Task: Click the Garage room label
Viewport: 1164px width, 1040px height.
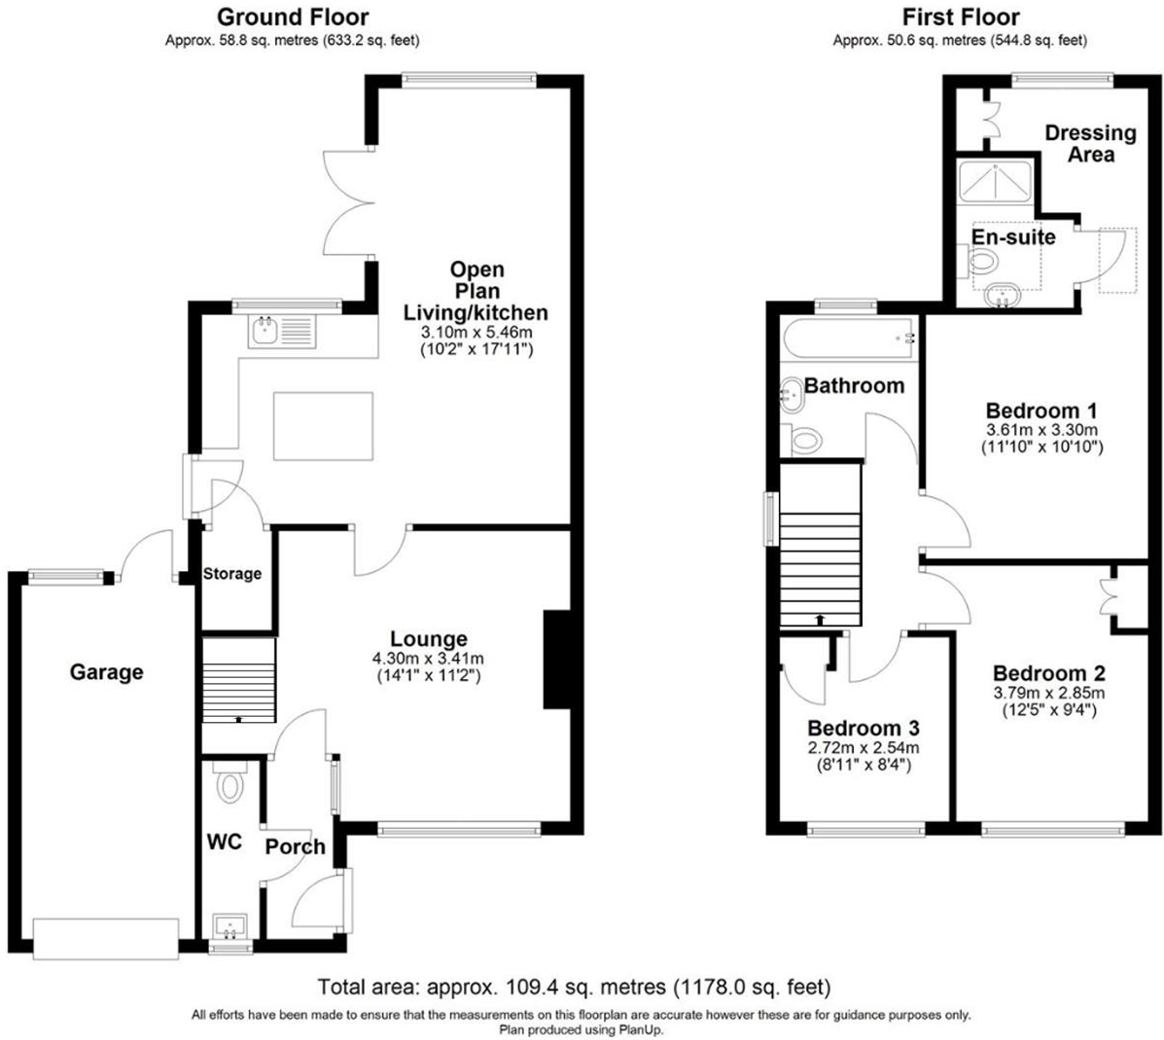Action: (106, 672)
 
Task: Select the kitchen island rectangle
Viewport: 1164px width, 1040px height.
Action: (323, 425)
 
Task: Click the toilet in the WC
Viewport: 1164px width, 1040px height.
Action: (229, 781)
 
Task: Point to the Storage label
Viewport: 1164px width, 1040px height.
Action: (231, 573)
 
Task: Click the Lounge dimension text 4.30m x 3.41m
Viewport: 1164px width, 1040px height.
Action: (429, 659)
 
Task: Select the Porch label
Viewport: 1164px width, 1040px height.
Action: (295, 846)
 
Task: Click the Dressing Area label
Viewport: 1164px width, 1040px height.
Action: (1090, 143)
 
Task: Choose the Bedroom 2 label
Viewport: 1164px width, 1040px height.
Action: (1048, 673)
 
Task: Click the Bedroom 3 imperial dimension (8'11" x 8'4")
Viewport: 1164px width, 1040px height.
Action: (864, 765)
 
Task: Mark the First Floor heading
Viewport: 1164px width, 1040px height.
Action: (960, 17)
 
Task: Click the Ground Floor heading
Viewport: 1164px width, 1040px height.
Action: (293, 17)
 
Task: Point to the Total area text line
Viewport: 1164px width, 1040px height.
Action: (575, 987)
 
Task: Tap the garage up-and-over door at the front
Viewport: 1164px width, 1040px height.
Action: (106, 935)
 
